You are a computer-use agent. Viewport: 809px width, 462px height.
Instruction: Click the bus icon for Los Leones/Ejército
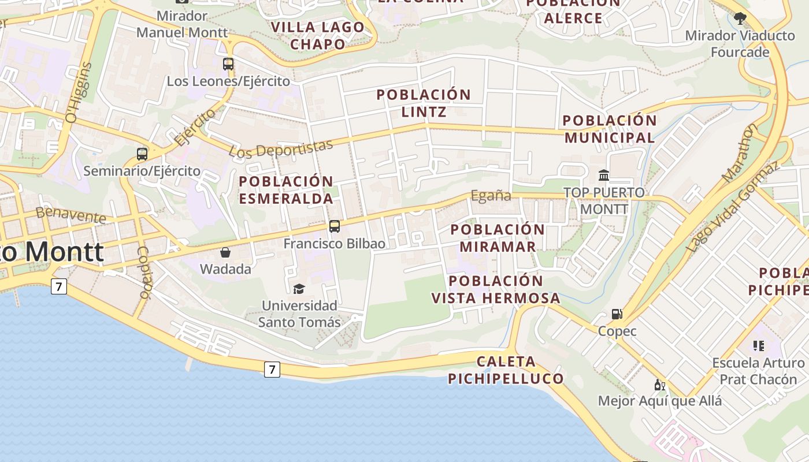[228, 64]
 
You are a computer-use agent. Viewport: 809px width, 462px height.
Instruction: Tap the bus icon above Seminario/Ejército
[142, 154]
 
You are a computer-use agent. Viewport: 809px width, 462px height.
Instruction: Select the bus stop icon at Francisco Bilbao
[335, 226]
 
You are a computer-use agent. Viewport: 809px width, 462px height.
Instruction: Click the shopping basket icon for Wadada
[225, 252]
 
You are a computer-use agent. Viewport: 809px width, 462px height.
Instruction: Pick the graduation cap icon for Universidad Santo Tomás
[299, 289]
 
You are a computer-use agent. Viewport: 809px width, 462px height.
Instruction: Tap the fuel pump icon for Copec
[617, 314]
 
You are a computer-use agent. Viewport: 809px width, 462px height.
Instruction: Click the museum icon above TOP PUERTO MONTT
[604, 175]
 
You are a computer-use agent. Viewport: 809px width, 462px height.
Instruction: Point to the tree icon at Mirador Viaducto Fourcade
[740, 18]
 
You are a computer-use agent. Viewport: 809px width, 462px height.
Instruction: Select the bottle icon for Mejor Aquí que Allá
[659, 385]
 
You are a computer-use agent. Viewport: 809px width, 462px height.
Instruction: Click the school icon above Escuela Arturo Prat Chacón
[758, 346]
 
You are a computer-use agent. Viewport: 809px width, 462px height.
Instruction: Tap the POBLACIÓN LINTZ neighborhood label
[424, 103]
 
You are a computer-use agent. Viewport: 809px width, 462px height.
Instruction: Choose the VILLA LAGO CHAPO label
[317, 35]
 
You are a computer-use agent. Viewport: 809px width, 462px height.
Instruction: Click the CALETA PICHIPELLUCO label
[506, 370]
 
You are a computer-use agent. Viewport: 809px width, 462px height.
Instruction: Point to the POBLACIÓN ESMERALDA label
[286, 190]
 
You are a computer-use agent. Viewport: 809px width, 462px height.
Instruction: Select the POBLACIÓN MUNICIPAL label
[610, 129]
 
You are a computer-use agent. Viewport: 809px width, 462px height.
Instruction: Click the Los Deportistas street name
[281, 148]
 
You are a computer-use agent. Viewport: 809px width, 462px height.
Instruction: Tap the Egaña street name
[491, 196]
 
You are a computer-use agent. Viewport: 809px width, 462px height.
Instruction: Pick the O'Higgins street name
[80, 92]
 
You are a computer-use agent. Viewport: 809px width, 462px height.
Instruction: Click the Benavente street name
[70, 215]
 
